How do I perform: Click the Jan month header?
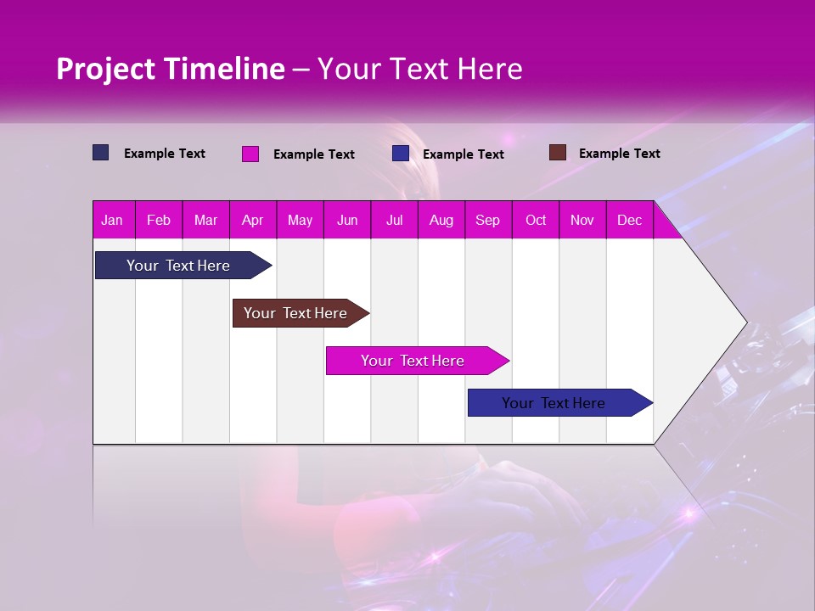[x=112, y=220]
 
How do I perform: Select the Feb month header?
[x=159, y=220]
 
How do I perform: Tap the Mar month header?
[x=205, y=220]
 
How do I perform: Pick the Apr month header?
[x=252, y=220]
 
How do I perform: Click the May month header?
[x=300, y=220]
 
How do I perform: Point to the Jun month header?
[x=347, y=220]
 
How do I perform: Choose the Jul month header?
[x=394, y=220]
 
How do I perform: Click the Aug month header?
[x=441, y=220]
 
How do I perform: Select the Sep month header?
[x=487, y=220]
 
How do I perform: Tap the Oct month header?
[x=536, y=220]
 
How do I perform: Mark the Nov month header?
[x=582, y=220]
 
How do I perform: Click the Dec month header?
[x=629, y=220]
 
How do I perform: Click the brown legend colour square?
[x=557, y=153]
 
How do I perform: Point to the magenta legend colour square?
[x=250, y=154]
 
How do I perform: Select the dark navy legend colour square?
[x=101, y=153]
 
